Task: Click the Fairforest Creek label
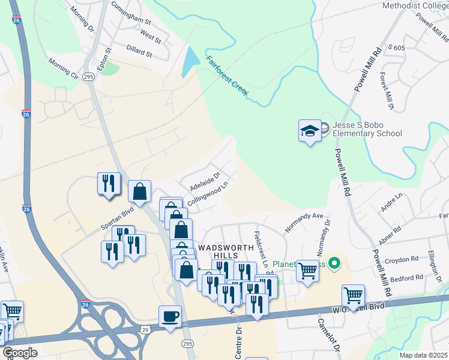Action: [227, 74]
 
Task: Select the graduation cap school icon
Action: [310, 130]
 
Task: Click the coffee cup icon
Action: [170, 316]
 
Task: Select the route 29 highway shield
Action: [145, 329]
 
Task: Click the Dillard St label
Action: [140, 53]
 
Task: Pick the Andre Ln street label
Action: [391, 203]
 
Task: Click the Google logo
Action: [20, 353]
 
